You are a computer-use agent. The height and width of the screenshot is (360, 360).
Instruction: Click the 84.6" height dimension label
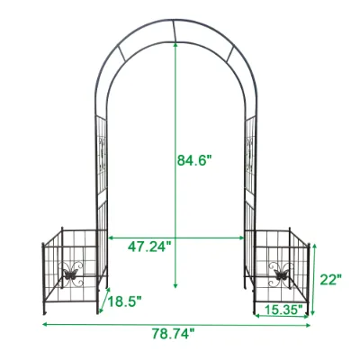[x=194, y=160]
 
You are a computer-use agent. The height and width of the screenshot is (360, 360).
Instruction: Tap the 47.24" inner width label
[x=149, y=247]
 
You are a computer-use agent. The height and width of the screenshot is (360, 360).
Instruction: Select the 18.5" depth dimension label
[x=124, y=301]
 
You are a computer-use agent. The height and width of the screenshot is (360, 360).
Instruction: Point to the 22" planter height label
[x=331, y=280]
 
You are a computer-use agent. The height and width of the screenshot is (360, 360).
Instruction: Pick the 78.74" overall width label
[x=173, y=334]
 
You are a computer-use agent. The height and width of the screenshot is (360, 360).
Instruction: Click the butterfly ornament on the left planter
[x=71, y=274]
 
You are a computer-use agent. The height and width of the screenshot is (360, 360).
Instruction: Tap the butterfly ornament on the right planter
[x=281, y=274]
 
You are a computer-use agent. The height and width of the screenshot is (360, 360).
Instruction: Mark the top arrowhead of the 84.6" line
[x=175, y=45]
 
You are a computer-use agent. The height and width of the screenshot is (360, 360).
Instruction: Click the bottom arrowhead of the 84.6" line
[x=175, y=285]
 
